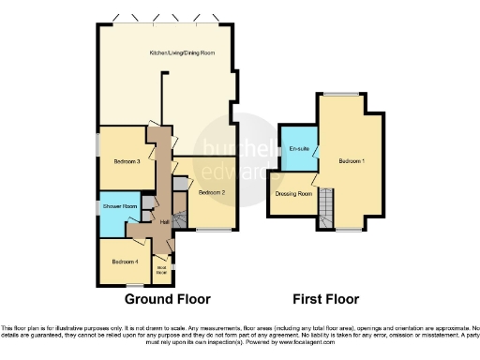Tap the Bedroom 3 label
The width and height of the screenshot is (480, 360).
(114, 161)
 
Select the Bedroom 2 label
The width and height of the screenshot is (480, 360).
(211, 192)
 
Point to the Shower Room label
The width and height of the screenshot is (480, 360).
(120, 206)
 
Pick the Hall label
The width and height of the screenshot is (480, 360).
(165, 221)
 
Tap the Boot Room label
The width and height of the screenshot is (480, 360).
(161, 269)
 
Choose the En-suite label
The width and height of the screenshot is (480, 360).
(300, 150)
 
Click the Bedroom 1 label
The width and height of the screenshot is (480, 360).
(352, 161)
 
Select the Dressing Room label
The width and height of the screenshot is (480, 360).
(293, 194)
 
